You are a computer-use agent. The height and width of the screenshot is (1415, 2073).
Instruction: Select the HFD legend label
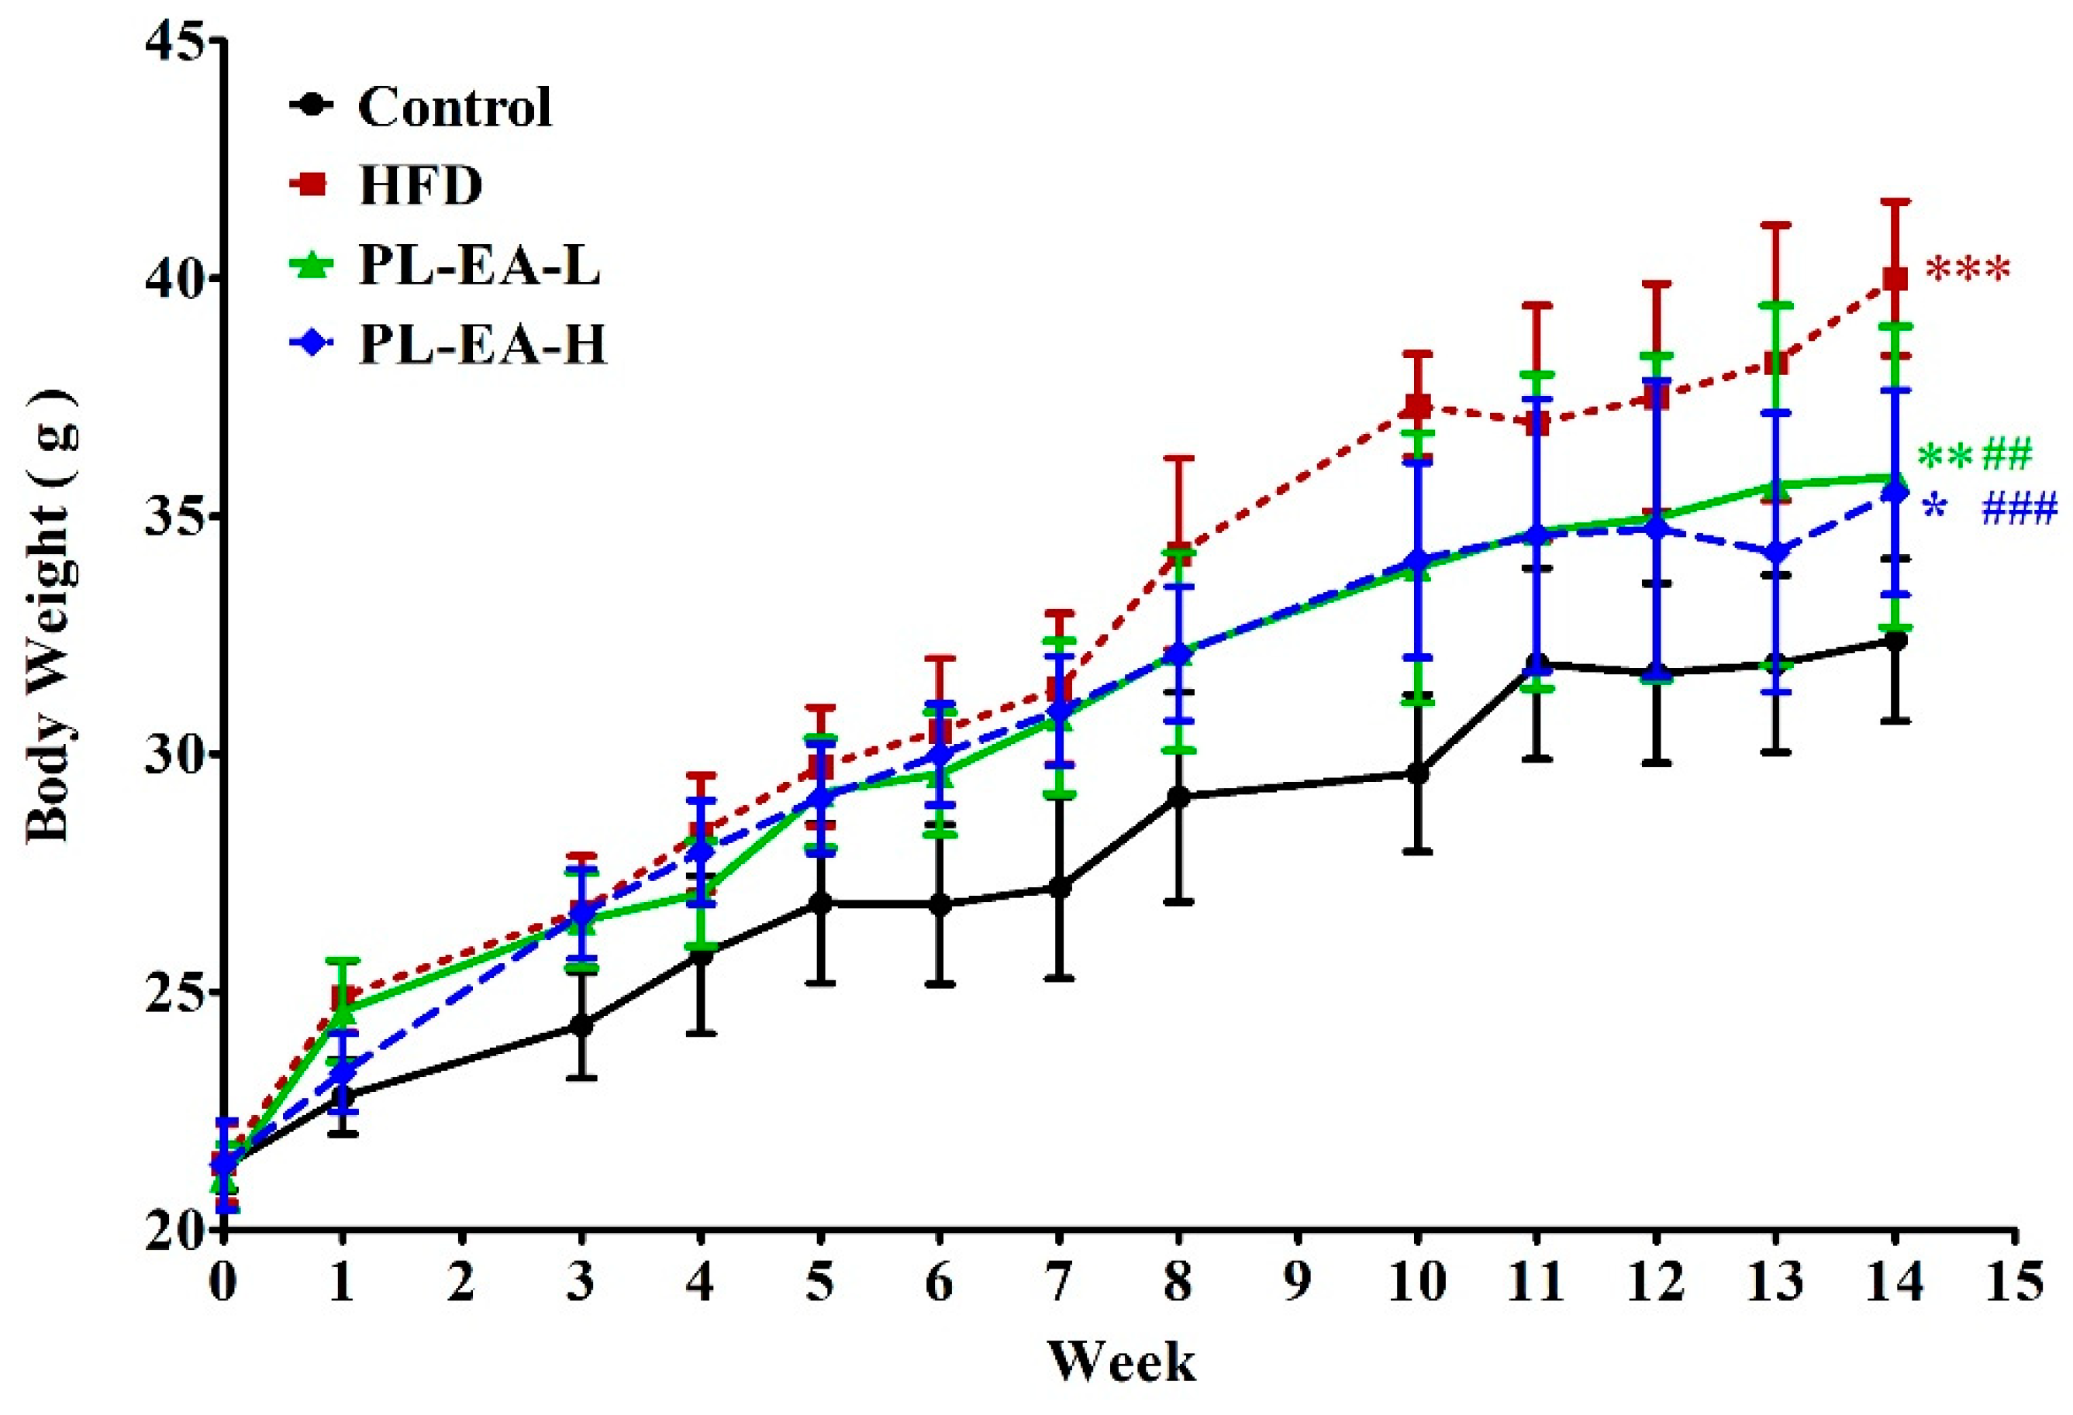click(x=420, y=186)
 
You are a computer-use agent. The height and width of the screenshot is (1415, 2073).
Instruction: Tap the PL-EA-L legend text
click(x=479, y=266)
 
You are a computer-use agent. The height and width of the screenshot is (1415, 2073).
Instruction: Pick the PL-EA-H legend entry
click(x=482, y=345)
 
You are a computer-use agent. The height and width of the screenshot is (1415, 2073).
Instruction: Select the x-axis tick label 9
click(x=1297, y=1284)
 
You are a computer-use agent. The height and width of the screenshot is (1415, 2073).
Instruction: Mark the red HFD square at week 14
click(x=1895, y=279)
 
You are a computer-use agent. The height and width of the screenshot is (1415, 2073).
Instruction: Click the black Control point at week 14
click(x=1895, y=640)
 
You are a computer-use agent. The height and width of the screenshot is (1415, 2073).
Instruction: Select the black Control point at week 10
click(x=1417, y=773)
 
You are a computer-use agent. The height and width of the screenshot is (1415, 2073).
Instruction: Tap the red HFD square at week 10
click(x=1417, y=407)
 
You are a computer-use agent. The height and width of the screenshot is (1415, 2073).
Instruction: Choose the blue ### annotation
click(x=2019, y=510)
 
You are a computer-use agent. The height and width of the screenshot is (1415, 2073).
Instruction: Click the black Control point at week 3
click(x=581, y=1025)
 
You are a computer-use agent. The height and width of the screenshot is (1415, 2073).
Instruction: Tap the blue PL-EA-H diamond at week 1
click(x=343, y=1072)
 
